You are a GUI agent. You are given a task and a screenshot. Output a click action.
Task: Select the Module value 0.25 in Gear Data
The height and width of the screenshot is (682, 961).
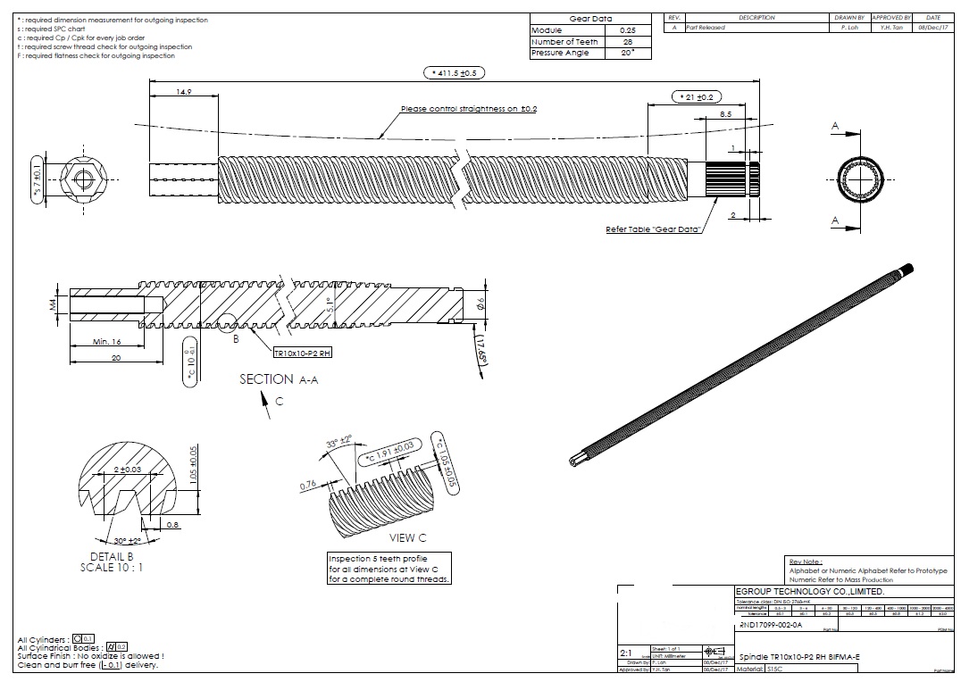click(x=627, y=30)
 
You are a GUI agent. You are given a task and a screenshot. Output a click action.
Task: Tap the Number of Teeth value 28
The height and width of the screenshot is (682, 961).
click(x=627, y=42)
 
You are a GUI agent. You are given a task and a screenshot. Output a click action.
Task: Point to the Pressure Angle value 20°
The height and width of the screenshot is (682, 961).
click(x=627, y=54)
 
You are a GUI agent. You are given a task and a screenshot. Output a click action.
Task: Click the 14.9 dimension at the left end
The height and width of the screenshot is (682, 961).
click(x=184, y=91)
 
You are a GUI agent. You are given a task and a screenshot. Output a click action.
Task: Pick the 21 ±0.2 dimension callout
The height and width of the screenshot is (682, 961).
click(x=695, y=96)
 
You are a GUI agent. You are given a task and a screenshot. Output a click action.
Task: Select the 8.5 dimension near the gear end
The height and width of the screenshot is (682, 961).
click(x=725, y=114)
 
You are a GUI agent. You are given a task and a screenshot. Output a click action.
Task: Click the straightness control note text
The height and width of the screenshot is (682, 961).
click(x=469, y=109)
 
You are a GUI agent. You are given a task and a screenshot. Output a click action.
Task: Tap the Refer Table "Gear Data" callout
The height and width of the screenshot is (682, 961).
click(x=653, y=229)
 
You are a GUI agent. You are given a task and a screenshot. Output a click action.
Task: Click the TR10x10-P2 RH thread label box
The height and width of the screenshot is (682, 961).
click(x=303, y=353)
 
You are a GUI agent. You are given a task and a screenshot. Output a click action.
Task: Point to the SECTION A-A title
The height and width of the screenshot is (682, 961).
click(x=279, y=379)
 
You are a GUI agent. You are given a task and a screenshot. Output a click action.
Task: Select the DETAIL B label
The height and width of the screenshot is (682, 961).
click(x=112, y=556)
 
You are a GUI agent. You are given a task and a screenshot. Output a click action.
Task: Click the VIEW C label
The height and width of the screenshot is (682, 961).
click(x=408, y=538)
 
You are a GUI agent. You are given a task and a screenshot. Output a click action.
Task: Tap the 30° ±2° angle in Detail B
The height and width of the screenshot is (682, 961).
click(x=128, y=541)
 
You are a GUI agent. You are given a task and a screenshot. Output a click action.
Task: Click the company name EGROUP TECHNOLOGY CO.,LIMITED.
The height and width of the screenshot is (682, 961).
click(x=809, y=592)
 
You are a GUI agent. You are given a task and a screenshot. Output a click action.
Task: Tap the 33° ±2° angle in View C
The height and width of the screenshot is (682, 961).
click(x=338, y=443)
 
